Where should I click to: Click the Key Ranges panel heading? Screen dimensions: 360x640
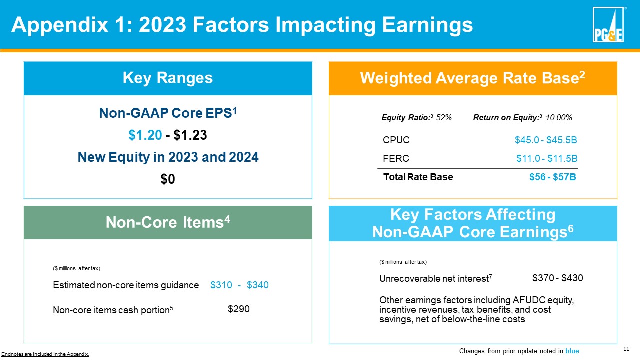(x=168, y=78)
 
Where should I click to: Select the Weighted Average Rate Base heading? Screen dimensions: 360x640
(x=472, y=78)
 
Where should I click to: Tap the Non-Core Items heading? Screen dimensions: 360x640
(x=168, y=222)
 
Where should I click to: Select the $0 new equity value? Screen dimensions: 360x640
(x=168, y=179)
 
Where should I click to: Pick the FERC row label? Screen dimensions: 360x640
(x=396, y=159)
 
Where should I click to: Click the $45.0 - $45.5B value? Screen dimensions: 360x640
(x=546, y=140)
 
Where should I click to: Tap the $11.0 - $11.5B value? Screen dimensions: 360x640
(x=547, y=159)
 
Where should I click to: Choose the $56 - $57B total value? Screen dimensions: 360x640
(x=553, y=177)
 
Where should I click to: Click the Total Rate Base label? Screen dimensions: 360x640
(x=418, y=177)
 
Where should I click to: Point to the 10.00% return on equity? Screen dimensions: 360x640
(x=559, y=117)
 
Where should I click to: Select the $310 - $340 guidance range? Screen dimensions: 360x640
(x=239, y=285)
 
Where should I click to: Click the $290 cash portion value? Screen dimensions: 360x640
(x=238, y=309)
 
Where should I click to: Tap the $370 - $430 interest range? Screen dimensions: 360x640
(x=558, y=278)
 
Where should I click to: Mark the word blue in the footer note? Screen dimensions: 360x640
(x=572, y=351)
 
